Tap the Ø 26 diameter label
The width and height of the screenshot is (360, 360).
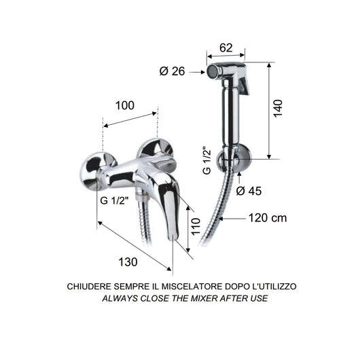[x=173, y=71]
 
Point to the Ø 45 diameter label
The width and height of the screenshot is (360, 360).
[x=249, y=191]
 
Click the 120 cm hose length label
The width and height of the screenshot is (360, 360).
[x=267, y=218]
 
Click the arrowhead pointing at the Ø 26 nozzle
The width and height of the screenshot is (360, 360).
[x=201, y=71]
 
